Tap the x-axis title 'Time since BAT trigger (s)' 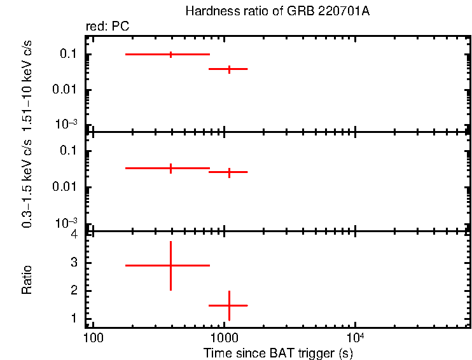click(278, 352)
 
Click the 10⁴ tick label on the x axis click(354, 335)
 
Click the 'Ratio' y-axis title click(27, 280)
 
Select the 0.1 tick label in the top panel click(68, 55)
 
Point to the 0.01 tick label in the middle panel click(66, 187)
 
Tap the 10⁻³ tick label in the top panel click(67, 123)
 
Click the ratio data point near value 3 click(170, 265)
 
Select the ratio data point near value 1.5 click(229, 305)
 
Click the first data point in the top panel click(170, 55)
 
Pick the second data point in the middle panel click(229, 172)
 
